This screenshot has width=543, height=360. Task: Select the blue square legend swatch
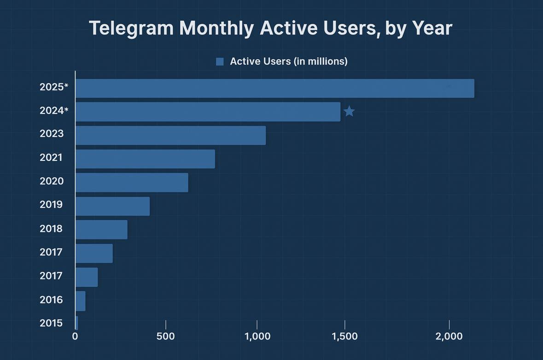tap(220, 62)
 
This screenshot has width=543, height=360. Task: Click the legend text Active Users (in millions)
tap(288, 61)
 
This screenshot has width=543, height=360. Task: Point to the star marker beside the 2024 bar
tap(349, 111)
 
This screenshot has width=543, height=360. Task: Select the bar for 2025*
tap(274, 88)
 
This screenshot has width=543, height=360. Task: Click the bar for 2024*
tap(208, 112)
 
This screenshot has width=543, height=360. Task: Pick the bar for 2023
tap(170, 136)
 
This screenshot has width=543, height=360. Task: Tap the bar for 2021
tap(145, 159)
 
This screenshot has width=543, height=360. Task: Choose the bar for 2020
tap(132, 183)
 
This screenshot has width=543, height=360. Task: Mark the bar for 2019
tap(112, 206)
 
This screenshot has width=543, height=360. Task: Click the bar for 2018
tap(101, 230)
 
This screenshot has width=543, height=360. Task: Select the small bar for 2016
tap(80, 301)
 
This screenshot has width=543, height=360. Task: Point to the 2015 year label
tap(51, 323)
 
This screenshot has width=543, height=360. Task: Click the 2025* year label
tap(54, 87)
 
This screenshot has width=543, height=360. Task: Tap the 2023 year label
tap(51, 134)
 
